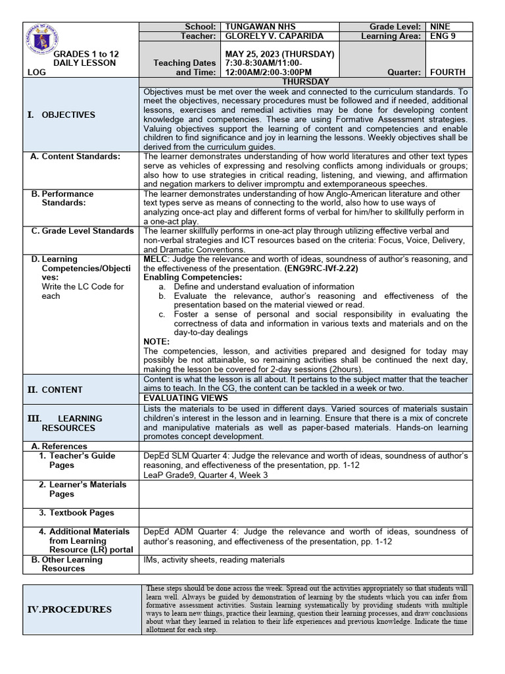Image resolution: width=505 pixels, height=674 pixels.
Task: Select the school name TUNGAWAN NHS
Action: [x=260, y=26]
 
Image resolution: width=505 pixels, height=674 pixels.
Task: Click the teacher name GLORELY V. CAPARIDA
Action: [x=266, y=36]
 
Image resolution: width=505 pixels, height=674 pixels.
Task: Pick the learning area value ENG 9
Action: [x=441, y=36]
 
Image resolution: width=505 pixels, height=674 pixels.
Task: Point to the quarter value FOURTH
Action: [x=447, y=72]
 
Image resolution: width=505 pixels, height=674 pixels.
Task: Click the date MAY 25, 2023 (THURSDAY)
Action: [x=279, y=53]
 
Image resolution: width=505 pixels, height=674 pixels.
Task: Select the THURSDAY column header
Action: [x=305, y=82]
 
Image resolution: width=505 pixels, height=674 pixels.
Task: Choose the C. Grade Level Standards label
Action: [x=82, y=231]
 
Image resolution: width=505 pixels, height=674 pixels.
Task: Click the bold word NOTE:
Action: [x=156, y=342]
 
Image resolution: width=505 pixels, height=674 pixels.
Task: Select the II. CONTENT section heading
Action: [x=55, y=390]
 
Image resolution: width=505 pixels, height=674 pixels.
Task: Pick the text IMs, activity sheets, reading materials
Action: [x=214, y=560]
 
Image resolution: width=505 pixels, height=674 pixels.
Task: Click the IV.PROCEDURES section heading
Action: [x=69, y=609]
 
